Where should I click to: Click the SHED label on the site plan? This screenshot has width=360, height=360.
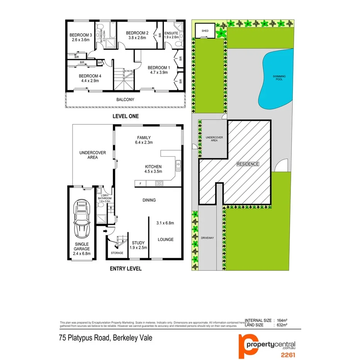[x=205, y=30]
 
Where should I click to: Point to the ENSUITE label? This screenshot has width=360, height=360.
[x=172, y=33]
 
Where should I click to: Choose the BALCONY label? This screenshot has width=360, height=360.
[x=126, y=100]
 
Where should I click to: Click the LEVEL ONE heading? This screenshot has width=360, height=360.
[x=126, y=116]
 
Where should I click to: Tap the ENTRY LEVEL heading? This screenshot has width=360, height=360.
[x=126, y=268]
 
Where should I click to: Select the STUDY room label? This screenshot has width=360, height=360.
[x=138, y=243]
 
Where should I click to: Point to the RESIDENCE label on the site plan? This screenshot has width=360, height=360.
[x=248, y=164]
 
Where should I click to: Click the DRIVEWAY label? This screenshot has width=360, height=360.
[x=207, y=238]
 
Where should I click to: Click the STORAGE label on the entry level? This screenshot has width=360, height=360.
[x=117, y=253]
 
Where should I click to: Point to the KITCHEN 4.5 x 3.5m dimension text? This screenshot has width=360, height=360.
[x=153, y=172]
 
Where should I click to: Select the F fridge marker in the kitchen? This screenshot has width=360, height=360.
[x=140, y=183]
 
